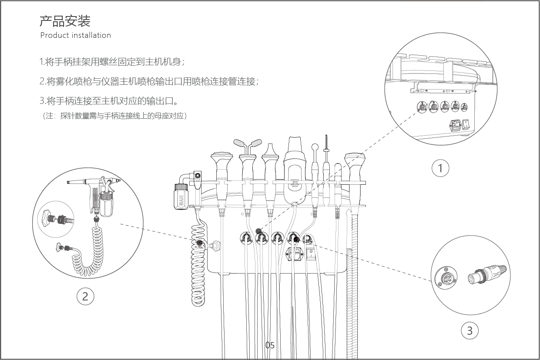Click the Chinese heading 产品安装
(x=65, y=21)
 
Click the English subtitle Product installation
(x=75, y=35)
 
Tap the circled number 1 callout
(x=440, y=168)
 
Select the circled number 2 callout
(x=85, y=297)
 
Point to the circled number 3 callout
(x=470, y=330)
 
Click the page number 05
(x=270, y=346)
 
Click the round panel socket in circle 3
(x=446, y=278)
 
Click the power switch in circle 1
(x=467, y=125)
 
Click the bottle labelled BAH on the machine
(x=181, y=197)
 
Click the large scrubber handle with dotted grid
(x=295, y=172)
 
